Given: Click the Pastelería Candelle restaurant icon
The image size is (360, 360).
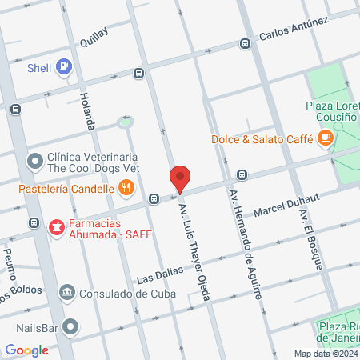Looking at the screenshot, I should click(126, 190).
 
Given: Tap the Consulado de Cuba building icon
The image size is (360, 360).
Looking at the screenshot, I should click(67, 292).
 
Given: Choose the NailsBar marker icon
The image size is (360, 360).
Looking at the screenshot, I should click(71, 327).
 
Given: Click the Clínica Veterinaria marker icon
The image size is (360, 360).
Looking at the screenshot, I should click(34, 162).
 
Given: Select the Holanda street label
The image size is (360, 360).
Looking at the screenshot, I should click(86, 112).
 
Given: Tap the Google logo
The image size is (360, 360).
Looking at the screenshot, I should click(26, 350).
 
